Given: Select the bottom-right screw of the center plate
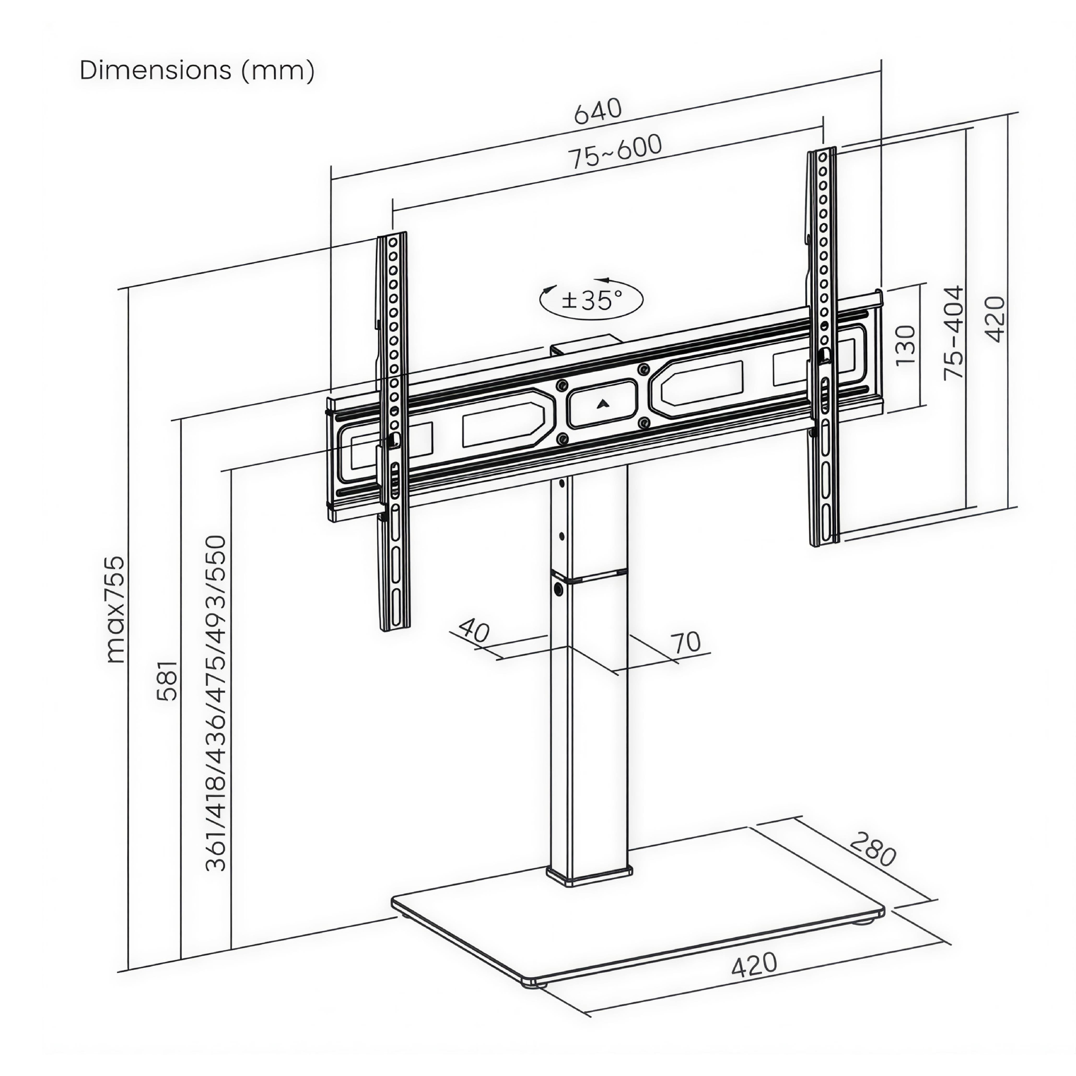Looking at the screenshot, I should (644, 423).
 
